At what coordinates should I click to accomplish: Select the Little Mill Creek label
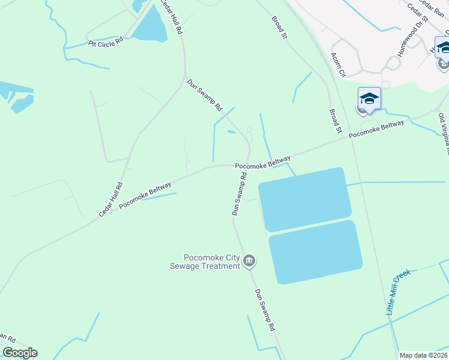pyautogui.click(x=397, y=292)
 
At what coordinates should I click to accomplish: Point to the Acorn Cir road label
pyautogui.click(x=339, y=64)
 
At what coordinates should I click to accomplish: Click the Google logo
pyautogui.click(x=20, y=353)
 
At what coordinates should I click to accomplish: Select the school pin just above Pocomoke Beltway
pyautogui.click(x=369, y=98)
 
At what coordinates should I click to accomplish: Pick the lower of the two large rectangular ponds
pyautogui.click(x=315, y=252)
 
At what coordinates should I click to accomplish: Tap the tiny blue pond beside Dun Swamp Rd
pyautogui.click(x=232, y=132)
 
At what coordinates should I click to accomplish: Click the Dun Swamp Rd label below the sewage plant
pyautogui.click(x=265, y=311)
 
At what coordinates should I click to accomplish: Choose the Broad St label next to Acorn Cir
pyautogui.click(x=335, y=121)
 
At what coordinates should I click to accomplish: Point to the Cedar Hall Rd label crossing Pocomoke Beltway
pyautogui.click(x=111, y=200)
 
